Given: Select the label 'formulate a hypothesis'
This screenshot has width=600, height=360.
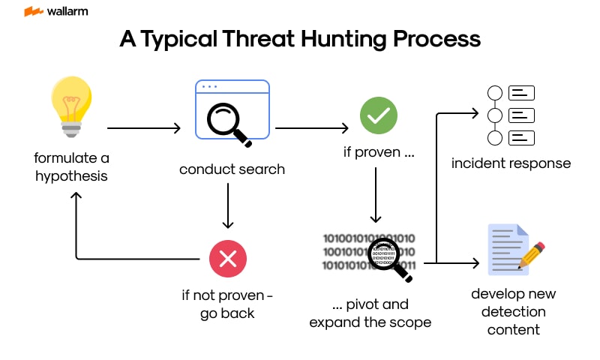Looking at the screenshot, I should coord(71,167).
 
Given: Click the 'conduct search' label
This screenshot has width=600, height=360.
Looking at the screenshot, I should coord(232,169).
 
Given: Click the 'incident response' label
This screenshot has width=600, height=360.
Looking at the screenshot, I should coord(511,163).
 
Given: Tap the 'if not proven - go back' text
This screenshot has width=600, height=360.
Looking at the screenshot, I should coord(227,304).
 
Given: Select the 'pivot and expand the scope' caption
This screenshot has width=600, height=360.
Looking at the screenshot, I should coord(370,313).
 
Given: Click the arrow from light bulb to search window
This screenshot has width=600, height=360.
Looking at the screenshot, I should coord(144,129).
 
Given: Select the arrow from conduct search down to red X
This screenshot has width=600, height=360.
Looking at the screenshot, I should coord(228,206).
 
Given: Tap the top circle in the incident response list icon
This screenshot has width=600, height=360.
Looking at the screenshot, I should coord(494,94).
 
